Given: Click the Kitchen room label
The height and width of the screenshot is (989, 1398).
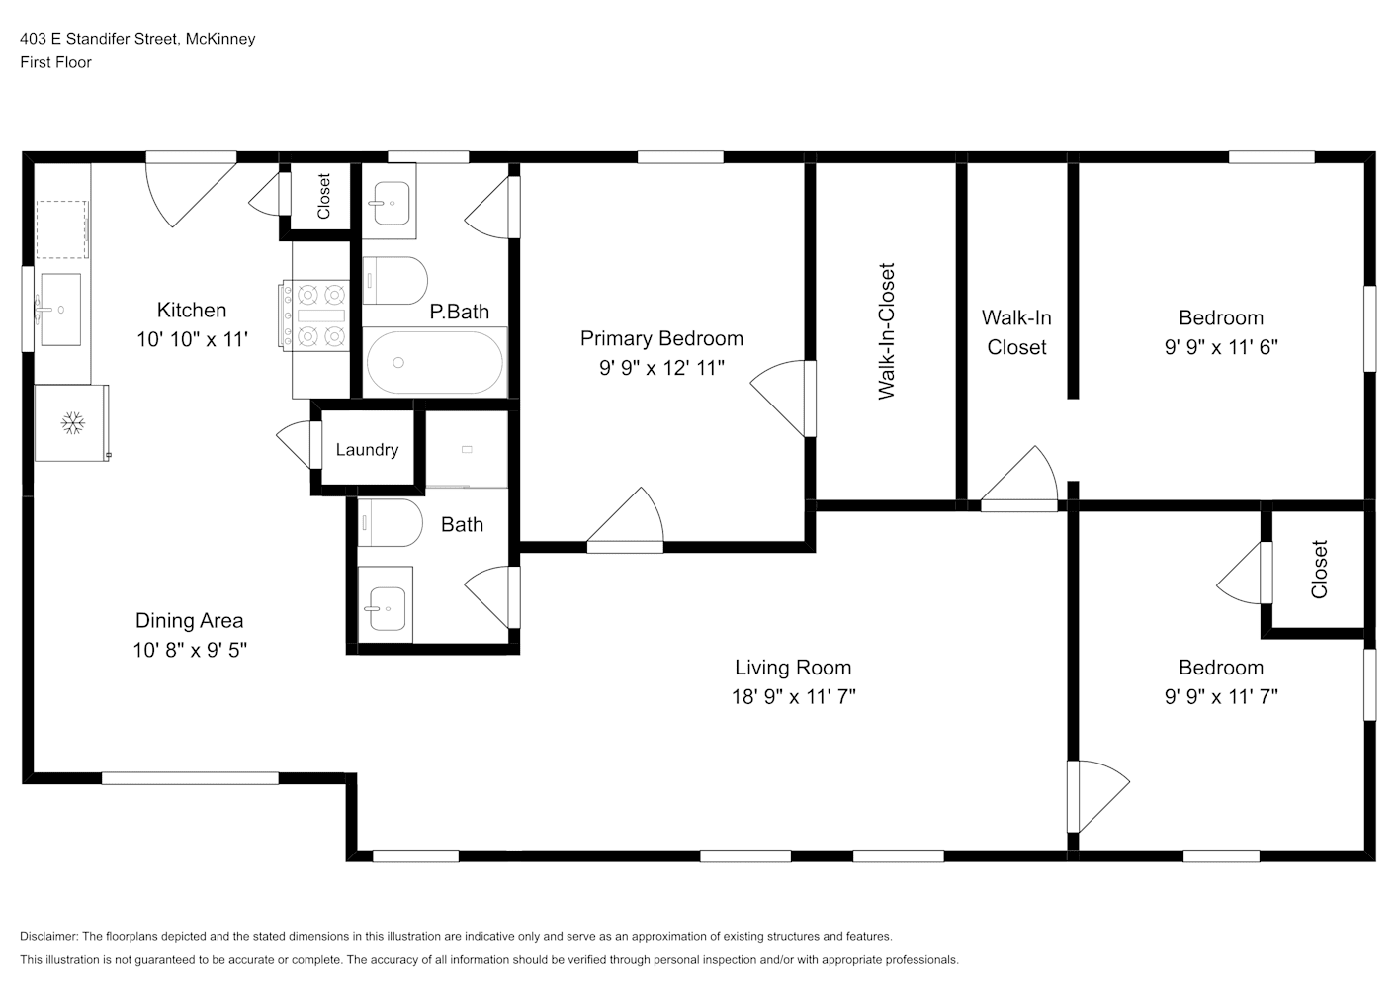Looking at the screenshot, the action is pyautogui.click(x=192, y=310).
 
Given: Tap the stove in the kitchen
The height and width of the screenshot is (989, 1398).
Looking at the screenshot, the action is pyautogui.click(x=314, y=315).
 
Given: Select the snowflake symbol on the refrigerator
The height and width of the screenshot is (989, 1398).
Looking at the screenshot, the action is pyautogui.click(x=73, y=423).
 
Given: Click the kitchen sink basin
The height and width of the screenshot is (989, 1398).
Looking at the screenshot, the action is pyautogui.click(x=60, y=309).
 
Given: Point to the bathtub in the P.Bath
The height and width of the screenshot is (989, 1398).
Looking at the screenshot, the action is pyautogui.click(x=434, y=362).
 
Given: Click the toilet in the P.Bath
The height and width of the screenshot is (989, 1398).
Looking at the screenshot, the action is pyautogui.click(x=395, y=280).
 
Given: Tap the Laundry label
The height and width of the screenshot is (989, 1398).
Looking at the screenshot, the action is pyautogui.click(x=367, y=450).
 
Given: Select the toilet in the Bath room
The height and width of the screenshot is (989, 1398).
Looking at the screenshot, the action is pyautogui.click(x=391, y=522).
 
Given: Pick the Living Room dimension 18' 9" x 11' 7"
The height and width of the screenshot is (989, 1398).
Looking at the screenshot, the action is pyautogui.click(x=793, y=696).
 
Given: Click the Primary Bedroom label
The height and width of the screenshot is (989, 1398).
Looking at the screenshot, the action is pyautogui.click(x=661, y=338).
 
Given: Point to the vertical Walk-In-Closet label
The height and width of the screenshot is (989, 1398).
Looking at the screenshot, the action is pyautogui.click(x=886, y=331).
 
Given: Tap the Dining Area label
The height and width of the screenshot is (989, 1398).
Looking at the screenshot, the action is pyautogui.click(x=189, y=621).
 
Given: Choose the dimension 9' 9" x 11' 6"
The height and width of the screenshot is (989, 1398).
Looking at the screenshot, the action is pyautogui.click(x=1221, y=346).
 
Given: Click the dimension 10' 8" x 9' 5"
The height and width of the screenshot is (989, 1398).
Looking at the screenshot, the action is pyautogui.click(x=190, y=650).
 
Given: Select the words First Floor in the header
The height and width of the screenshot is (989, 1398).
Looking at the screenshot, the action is pyautogui.click(x=55, y=62).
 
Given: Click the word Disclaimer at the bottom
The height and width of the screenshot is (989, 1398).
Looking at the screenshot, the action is pyautogui.click(x=48, y=936).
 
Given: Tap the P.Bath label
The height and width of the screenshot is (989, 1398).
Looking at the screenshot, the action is pyautogui.click(x=459, y=312).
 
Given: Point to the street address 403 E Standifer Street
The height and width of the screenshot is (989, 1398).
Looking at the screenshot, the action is pyautogui.click(x=100, y=39).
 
